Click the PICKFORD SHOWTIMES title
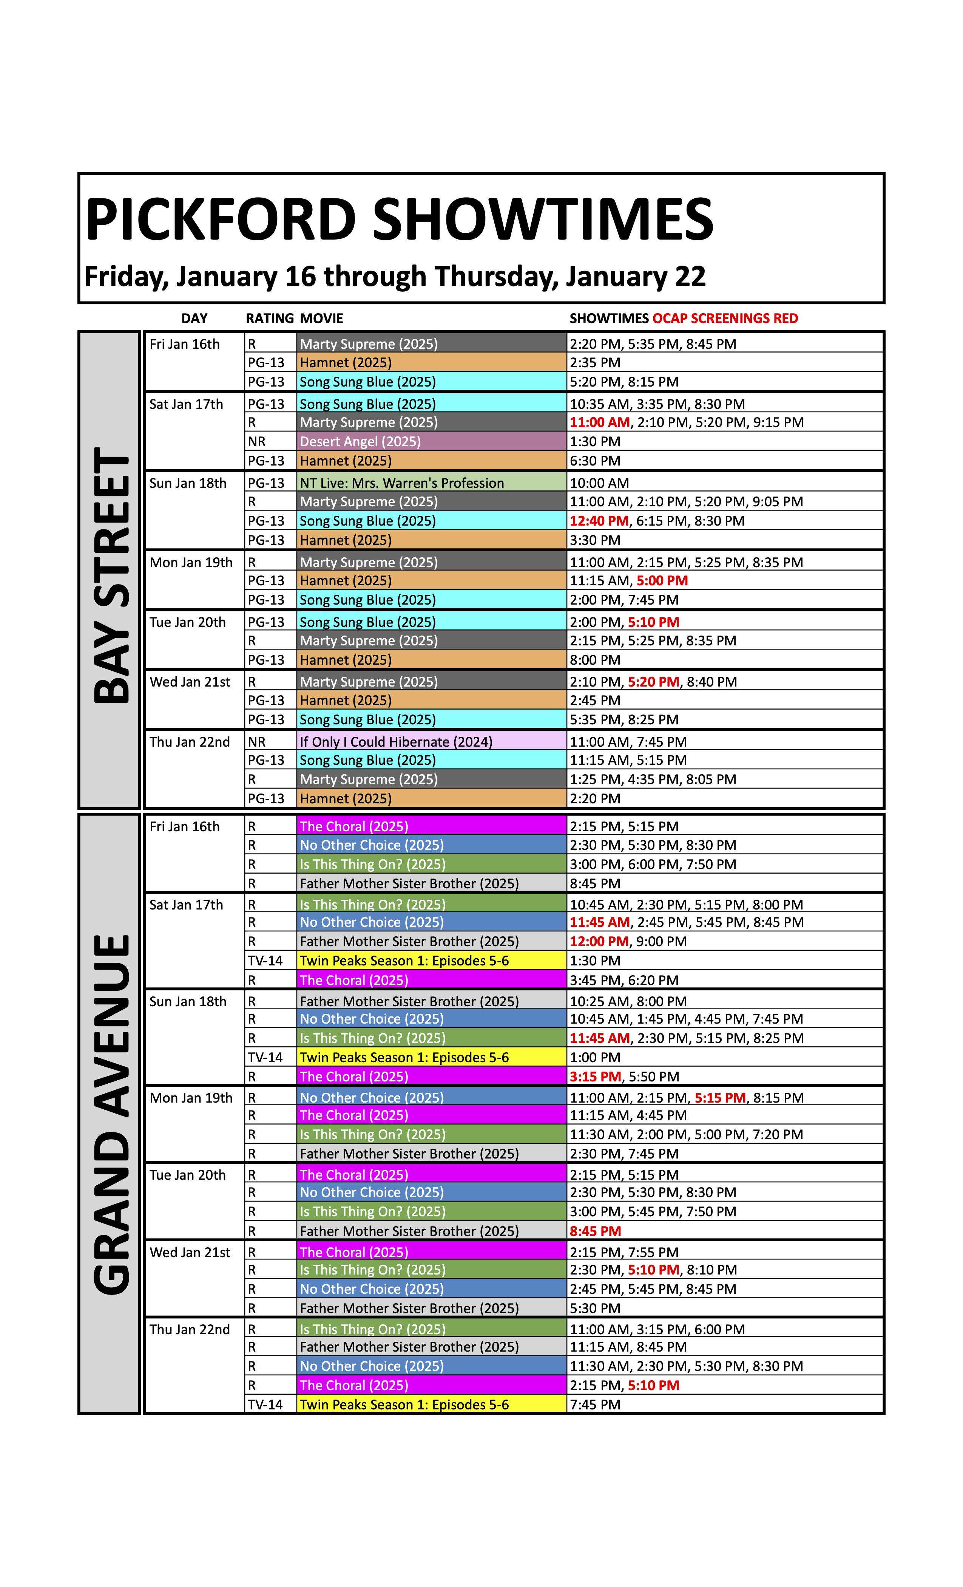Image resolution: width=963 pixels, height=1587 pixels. (399, 220)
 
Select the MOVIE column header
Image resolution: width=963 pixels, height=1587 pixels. (321, 318)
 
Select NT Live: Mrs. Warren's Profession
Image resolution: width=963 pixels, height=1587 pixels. (402, 483)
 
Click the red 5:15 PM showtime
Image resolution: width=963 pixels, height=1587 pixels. (720, 1098)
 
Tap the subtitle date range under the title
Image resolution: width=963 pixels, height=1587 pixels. (395, 276)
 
